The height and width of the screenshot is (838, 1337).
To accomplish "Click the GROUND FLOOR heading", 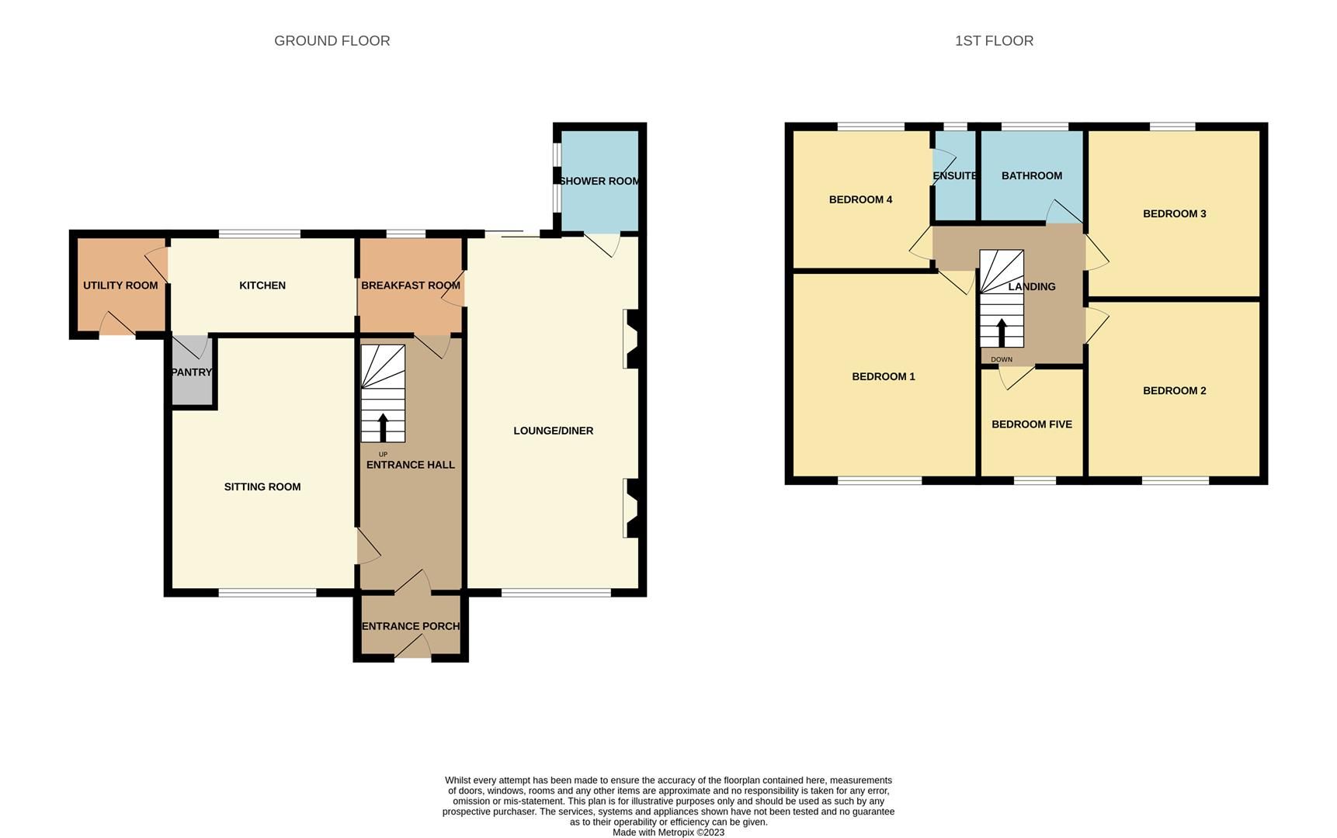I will click(332, 41).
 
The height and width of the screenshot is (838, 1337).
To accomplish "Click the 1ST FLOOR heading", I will click(994, 41).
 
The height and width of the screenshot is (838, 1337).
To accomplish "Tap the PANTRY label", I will click(191, 372).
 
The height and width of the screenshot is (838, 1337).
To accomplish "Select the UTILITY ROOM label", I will click(120, 286).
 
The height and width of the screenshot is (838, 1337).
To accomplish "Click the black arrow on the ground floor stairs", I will click(383, 428).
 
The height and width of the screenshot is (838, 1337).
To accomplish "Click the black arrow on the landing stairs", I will click(1002, 333).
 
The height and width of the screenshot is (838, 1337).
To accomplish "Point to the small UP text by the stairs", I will click(383, 455).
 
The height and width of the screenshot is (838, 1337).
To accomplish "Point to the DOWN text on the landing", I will click(1002, 360).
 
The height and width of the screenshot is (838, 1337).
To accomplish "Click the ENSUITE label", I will click(954, 176).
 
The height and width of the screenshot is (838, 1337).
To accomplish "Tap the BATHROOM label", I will click(1031, 176).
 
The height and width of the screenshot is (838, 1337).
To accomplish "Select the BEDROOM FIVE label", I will click(1031, 424).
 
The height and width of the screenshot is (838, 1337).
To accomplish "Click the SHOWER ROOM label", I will click(599, 182).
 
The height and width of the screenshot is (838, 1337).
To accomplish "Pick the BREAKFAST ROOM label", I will click(410, 286).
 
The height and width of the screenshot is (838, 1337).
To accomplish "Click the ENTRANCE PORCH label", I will click(410, 626).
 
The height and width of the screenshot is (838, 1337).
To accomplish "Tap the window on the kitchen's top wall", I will click(259, 234).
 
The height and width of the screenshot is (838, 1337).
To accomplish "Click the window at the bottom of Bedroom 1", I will click(880, 480).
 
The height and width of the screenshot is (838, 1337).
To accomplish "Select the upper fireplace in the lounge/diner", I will click(630, 339).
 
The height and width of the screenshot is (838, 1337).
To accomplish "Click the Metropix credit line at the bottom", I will click(668, 833).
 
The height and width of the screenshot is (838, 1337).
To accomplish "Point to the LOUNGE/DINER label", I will click(553, 431).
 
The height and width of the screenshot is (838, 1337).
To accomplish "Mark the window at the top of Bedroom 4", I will click(870, 126).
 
